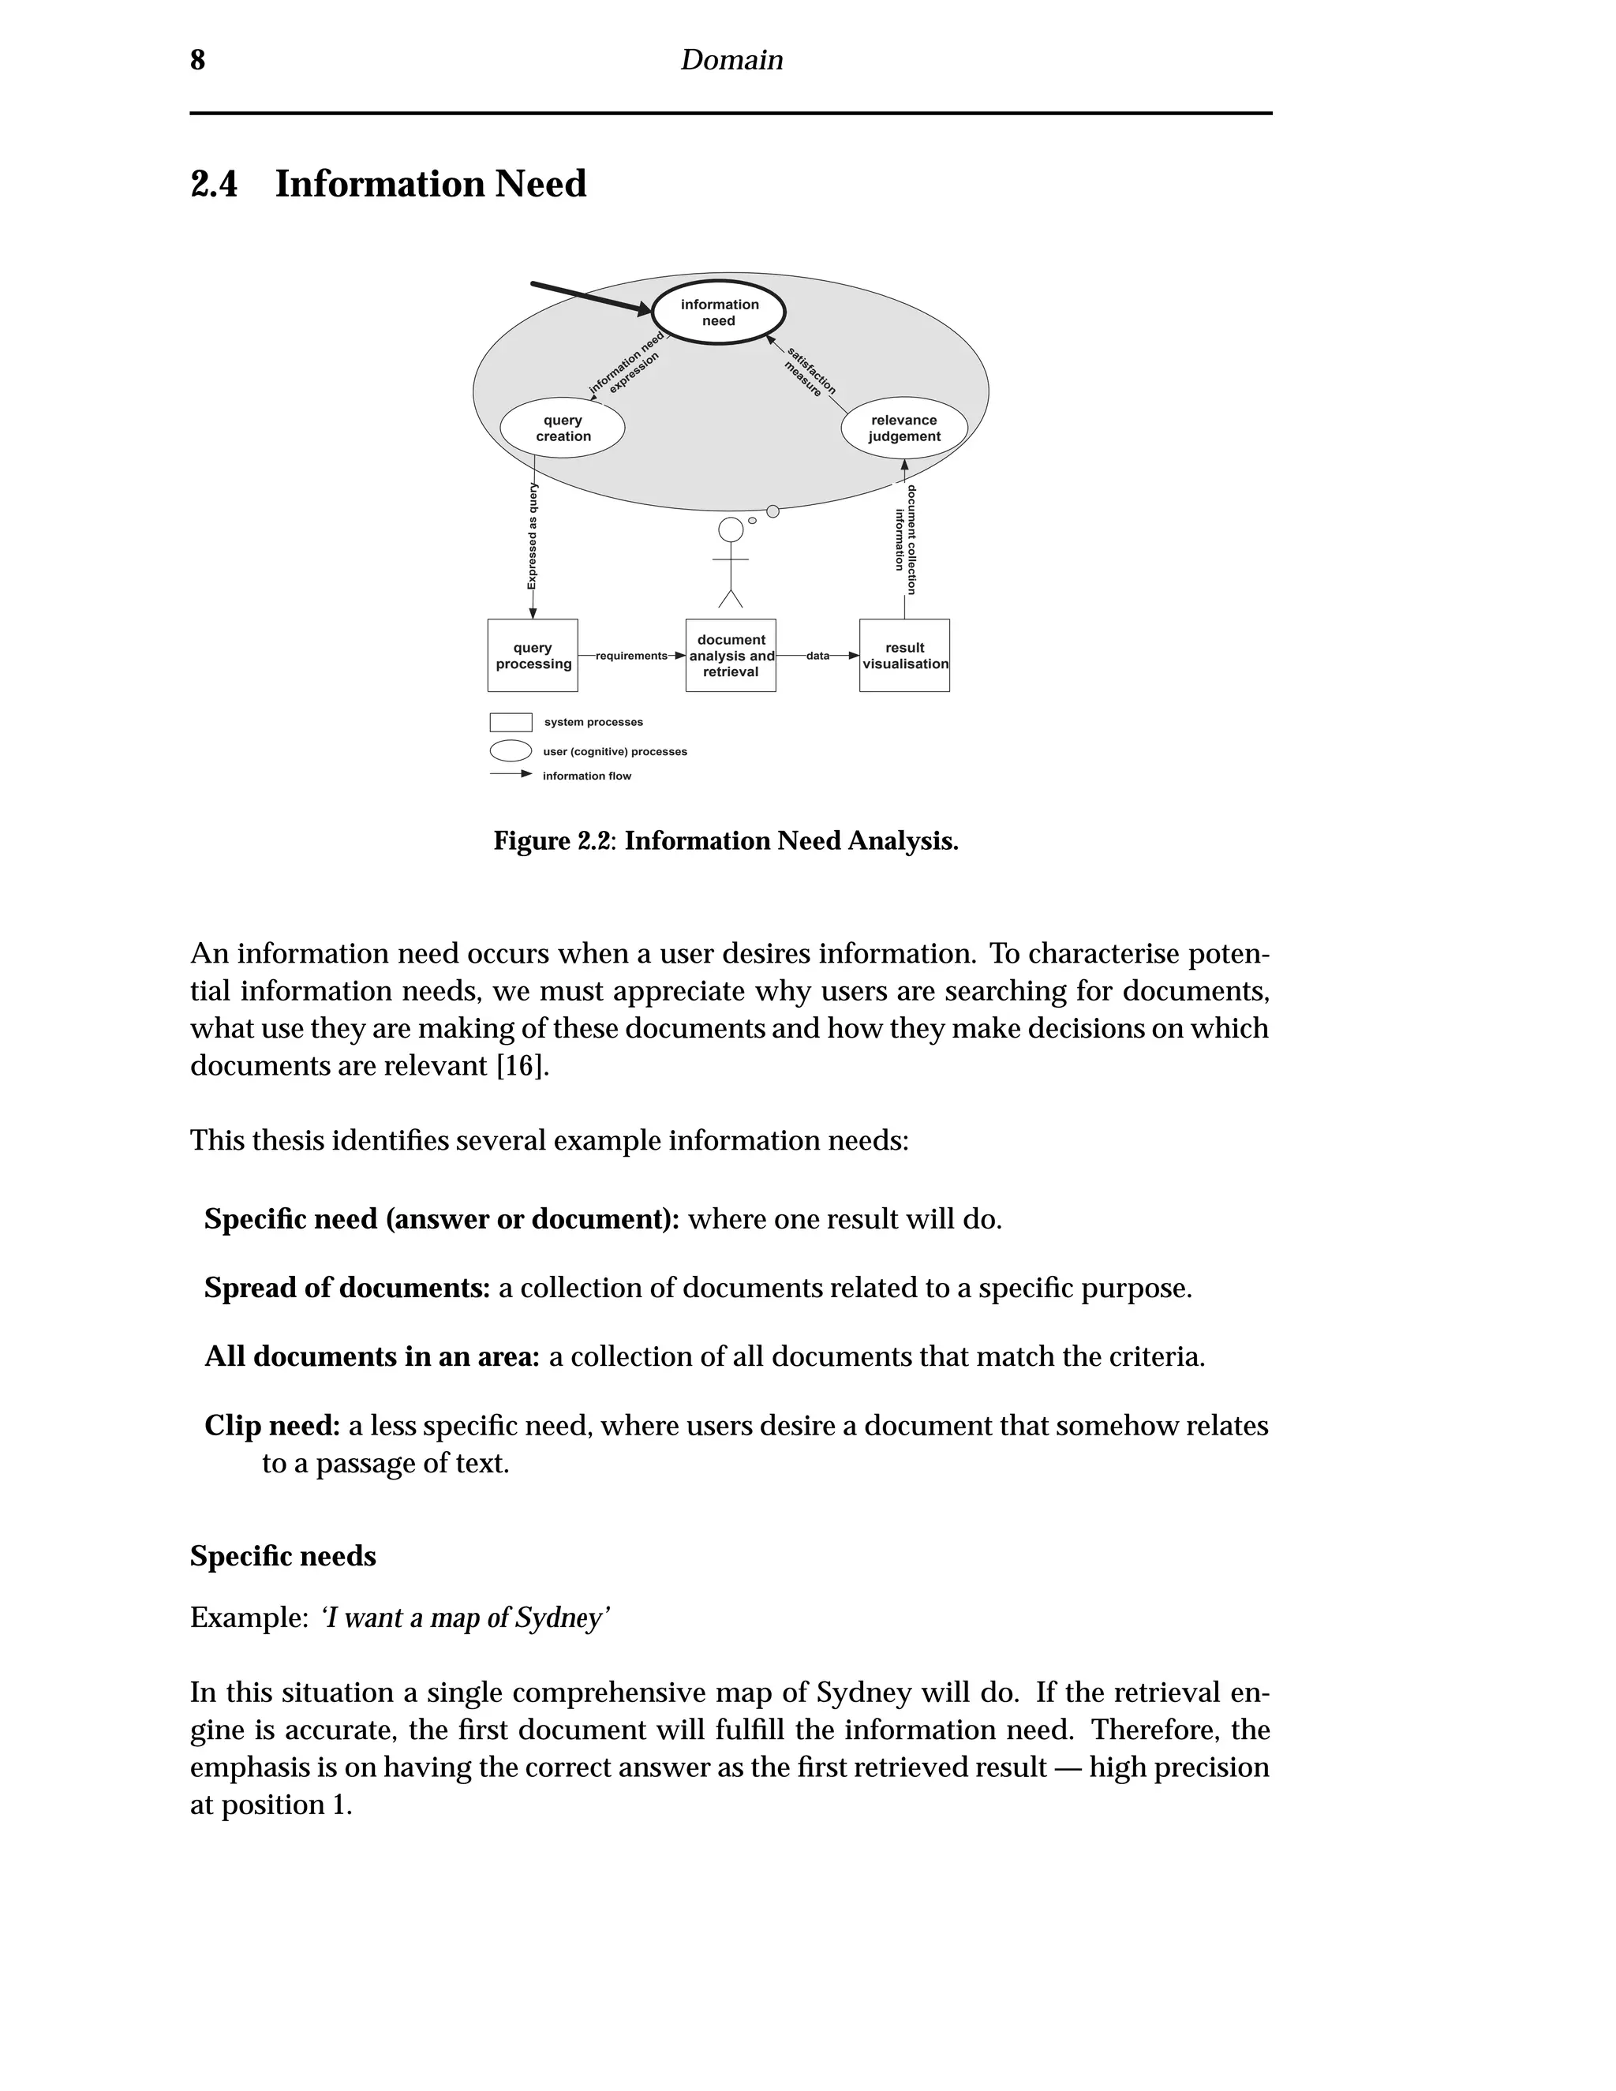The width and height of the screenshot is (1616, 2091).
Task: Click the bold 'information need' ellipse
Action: coord(719,313)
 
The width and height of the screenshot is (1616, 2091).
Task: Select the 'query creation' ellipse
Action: coord(563,428)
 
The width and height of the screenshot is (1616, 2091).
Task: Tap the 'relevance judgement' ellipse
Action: coord(903,428)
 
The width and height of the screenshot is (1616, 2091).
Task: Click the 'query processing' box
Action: coord(533,656)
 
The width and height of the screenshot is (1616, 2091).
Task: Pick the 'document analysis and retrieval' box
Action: coord(731,656)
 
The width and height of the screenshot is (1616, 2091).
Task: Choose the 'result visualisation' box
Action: coord(905,656)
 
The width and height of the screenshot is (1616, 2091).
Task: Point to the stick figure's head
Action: coord(731,530)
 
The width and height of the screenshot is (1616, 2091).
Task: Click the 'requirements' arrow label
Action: coord(631,656)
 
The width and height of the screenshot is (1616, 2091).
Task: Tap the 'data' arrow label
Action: coord(817,656)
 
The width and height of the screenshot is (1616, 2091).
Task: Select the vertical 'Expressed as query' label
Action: coord(533,536)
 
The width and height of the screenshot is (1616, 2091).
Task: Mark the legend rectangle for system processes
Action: coord(511,722)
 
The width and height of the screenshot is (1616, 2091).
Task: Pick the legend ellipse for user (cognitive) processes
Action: coord(511,750)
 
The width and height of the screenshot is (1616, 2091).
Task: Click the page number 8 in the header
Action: coord(197,60)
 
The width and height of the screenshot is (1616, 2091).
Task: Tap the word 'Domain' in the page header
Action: coord(731,60)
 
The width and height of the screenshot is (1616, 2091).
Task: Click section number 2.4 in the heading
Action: coord(215,184)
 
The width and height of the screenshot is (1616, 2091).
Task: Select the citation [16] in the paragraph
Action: coord(522,1065)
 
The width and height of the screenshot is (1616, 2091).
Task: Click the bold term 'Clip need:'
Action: coord(272,1426)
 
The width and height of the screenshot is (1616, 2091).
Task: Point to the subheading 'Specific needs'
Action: coord(282,1556)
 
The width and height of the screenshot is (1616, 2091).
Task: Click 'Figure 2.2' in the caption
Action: coord(554,840)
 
